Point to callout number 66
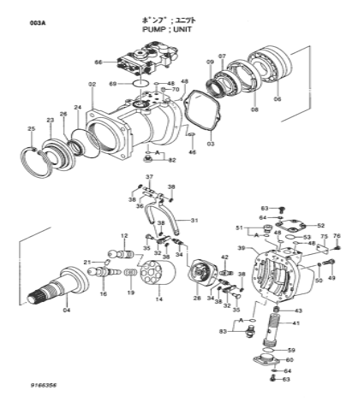tap(98, 62)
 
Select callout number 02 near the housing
tap(92, 84)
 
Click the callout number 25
tap(32, 129)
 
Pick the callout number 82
tap(171, 160)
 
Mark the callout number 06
tap(277, 99)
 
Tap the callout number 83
tap(224, 329)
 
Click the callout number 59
tap(291, 350)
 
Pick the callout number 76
tap(336, 236)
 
